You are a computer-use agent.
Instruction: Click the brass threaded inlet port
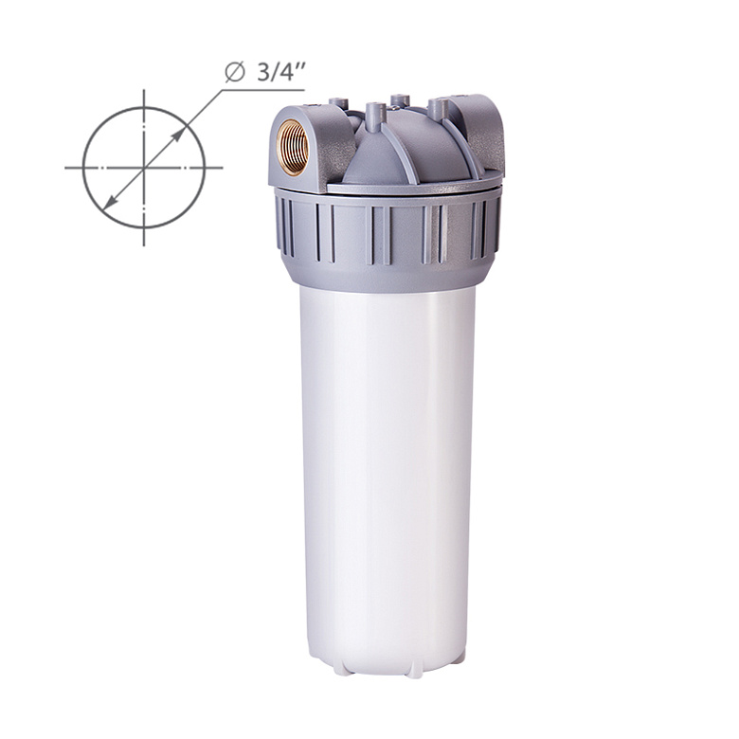point(292,147)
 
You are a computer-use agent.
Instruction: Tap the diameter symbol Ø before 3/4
point(235,73)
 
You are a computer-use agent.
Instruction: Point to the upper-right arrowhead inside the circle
point(177,135)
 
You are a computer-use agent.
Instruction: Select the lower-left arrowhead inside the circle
point(110,201)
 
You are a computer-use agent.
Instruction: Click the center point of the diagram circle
point(144,168)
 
